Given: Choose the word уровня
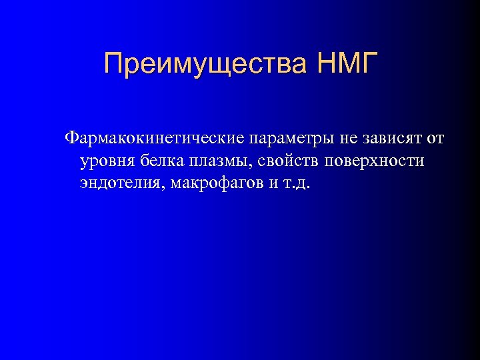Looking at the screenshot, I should pyautogui.click(x=106, y=161).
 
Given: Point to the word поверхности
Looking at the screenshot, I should pyautogui.click(x=375, y=161).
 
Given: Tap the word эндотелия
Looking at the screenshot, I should pyautogui.click(x=121, y=183).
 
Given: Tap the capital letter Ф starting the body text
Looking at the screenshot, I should pyautogui.click(x=71, y=139).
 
